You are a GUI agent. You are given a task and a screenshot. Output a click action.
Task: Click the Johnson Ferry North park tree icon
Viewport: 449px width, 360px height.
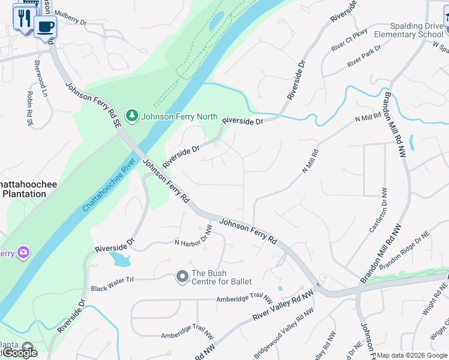point(131,115)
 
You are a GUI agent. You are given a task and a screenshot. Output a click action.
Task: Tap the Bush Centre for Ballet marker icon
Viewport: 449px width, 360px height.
point(182,277)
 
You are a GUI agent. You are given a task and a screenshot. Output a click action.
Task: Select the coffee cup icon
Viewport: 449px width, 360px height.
point(45,26)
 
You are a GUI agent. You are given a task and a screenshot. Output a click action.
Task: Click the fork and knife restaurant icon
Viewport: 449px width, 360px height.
point(25,17)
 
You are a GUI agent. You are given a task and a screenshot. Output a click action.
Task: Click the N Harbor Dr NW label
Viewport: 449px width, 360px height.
point(193,238)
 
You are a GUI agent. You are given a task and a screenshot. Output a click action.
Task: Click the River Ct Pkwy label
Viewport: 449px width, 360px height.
point(349,46)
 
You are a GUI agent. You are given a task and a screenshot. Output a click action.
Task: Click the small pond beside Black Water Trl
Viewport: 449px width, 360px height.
point(120,259)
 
